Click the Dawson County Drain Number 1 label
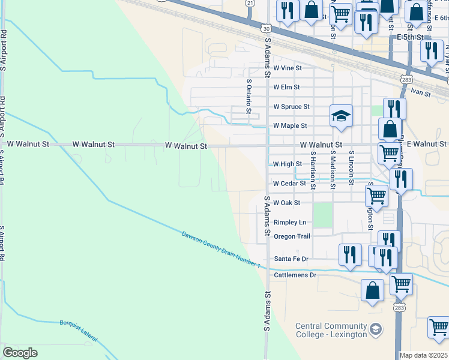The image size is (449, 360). [221, 248]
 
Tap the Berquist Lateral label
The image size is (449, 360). [78, 332]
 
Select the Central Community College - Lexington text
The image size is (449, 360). [331, 331]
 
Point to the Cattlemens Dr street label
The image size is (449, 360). [295, 275]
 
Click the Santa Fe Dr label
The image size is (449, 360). [291, 259]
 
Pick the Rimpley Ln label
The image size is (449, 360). [290, 222]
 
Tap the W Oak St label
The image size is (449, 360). [286, 203]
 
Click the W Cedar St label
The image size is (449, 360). [289, 184]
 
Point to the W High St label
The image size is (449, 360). [287, 164]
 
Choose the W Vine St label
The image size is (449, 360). [287, 70]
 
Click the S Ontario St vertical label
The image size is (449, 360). [248, 97]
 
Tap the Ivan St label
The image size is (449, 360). [421, 94]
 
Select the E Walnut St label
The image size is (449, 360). [427, 144]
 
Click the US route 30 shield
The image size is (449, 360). [267, 28]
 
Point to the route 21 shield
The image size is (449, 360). [250, 3]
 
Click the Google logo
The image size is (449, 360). [20, 353]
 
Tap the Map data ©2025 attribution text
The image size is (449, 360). [423, 355]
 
